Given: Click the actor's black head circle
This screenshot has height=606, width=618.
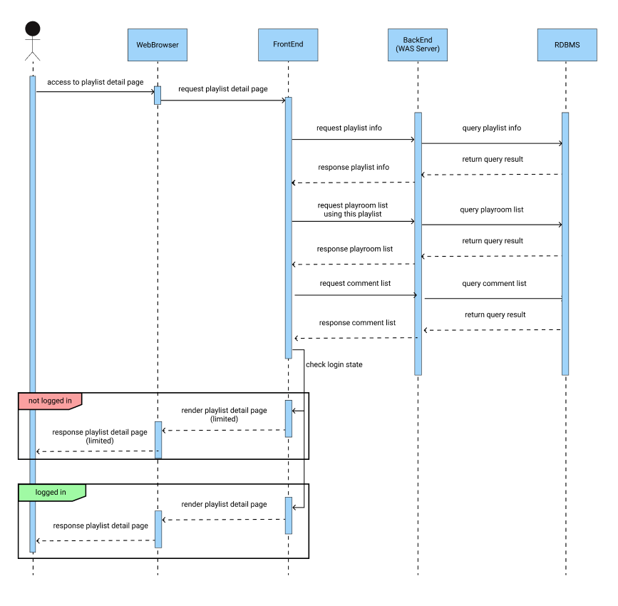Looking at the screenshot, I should [32, 29].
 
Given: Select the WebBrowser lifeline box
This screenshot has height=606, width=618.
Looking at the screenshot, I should [158, 45].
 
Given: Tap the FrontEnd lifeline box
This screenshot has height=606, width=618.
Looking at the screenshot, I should [288, 45].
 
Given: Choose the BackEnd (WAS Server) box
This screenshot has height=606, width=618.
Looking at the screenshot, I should [418, 45].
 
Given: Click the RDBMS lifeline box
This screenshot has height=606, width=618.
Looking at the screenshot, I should [567, 45].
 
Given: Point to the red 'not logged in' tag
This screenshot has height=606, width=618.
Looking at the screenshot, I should [49, 401].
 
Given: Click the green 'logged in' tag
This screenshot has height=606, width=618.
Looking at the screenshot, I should [51, 493].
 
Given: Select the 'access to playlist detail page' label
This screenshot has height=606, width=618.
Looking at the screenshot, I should [96, 83].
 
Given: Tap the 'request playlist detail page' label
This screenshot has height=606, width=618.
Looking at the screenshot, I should [223, 89].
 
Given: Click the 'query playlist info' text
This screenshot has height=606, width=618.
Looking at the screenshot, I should [491, 128].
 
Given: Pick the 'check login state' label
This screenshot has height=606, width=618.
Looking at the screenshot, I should [334, 365].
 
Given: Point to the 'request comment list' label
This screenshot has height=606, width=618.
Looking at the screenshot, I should [355, 284].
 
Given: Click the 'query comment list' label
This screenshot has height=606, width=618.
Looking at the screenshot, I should [494, 284].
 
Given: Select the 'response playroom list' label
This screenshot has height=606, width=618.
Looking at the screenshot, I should [354, 250].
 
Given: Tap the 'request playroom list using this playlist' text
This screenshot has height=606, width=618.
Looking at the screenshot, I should [353, 210].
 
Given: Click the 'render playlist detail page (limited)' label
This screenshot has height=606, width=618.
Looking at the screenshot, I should [224, 415].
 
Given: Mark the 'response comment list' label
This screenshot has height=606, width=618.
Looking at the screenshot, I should [357, 323].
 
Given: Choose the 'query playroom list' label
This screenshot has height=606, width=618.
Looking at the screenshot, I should [492, 210].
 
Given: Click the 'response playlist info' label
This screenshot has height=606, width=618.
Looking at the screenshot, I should [353, 168].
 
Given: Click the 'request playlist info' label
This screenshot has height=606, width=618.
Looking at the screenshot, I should [349, 128].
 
